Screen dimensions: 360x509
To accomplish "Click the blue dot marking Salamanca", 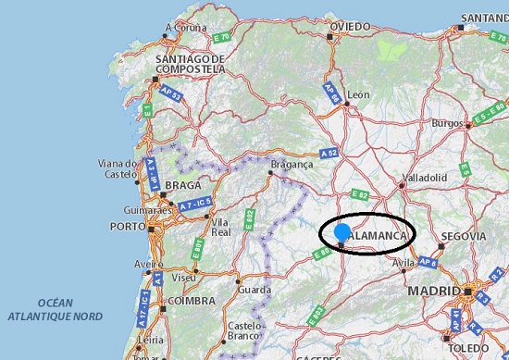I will (342, 231).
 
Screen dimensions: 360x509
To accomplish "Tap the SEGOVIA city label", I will (464, 236).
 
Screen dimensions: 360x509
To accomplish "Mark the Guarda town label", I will (254, 289).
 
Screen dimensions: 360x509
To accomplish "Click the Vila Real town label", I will (220, 228).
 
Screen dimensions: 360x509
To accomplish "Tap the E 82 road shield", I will (360, 195).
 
